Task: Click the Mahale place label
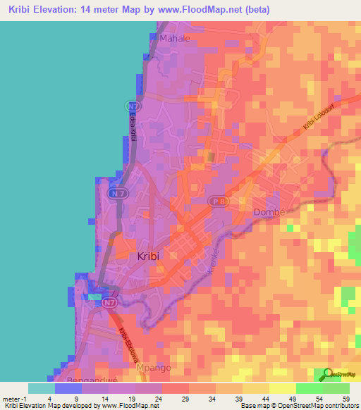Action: [x=176, y=39]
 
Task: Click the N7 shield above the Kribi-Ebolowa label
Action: [x=108, y=303]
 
